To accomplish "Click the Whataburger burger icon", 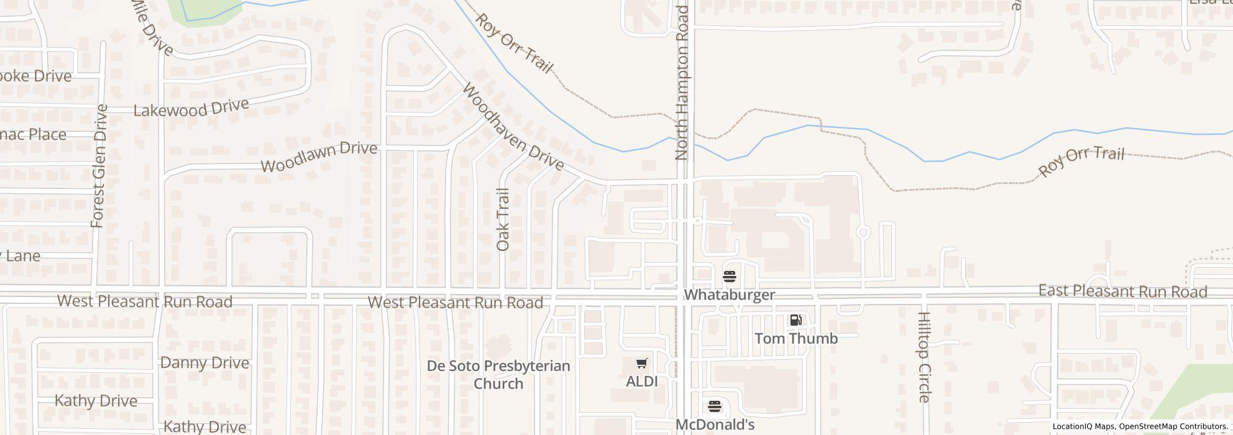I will coord(729,275).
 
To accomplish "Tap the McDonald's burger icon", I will coord(715,406).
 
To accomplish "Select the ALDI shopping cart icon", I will coord(642,363).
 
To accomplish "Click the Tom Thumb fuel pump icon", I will coord(795,320).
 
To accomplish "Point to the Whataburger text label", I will coord(729,295).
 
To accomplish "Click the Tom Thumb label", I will coord(796,338).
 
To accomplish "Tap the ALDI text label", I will coord(642,381).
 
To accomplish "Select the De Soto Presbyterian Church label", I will coord(498,374).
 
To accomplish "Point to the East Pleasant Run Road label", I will coord(1122,291).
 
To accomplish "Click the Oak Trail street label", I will coord(503,219).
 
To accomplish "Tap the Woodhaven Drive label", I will coord(513,127).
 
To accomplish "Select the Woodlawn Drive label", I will coord(319,157).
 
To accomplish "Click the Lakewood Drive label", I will coord(191,108).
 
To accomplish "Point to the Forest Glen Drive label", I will coord(99,166).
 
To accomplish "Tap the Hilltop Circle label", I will coord(924,357).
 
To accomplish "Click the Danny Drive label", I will coord(204,363).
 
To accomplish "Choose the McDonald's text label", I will coord(715,424).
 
